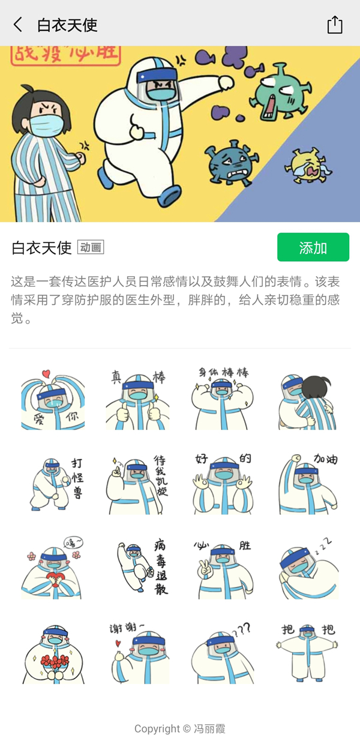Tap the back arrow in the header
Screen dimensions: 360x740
pyautogui.click(x=18, y=25)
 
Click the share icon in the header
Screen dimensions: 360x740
pyautogui.click(x=335, y=25)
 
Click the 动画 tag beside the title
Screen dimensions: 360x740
pyautogui.click(x=91, y=247)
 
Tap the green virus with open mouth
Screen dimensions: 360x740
pyautogui.click(x=281, y=92)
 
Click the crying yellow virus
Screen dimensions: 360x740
pyautogui.click(x=308, y=166)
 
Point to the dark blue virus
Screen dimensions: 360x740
pyautogui.click(x=231, y=163)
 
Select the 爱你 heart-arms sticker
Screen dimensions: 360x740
pyautogui.click(x=53, y=400)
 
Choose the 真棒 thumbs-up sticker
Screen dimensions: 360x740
pyautogui.click(x=138, y=400)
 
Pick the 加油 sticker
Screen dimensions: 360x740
pyautogui.click(x=308, y=484)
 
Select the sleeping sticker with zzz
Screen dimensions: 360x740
pyautogui.click(x=308, y=569)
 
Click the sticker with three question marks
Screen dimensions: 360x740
pyautogui.click(x=223, y=654)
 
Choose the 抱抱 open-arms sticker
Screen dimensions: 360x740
pyautogui.click(x=307, y=653)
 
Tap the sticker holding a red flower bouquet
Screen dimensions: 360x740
pyautogui.click(x=54, y=654)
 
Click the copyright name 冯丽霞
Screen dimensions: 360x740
pyautogui.click(x=209, y=729)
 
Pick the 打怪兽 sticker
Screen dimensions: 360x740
pyautogui.click(x=56, y=484)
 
